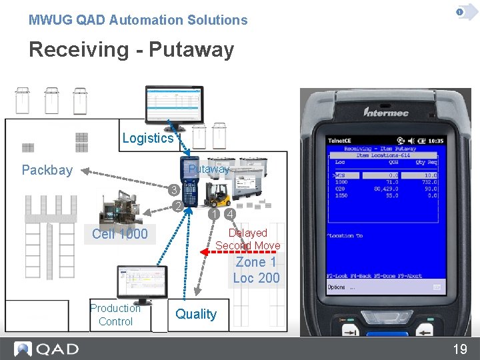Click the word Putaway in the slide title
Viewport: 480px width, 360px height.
[x=191, y=50]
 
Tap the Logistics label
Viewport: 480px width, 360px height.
[x=147, y=138]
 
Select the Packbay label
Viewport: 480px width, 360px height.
[x=47, y=170]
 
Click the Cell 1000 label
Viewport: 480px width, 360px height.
[x=120, y=234]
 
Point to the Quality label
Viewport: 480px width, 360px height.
[x=196, y=314]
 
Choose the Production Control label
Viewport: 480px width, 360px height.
[x=115, y=315]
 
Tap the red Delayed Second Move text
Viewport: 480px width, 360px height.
[x=247, y=239]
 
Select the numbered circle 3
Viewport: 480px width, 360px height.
[x=172, y=189]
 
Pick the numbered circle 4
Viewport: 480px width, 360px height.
[x=229, y=215]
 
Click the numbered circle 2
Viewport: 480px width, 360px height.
[x=177, y=206]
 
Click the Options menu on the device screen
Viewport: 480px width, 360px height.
[x=337, y=287]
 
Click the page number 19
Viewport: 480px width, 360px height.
[x=460, y=349]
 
